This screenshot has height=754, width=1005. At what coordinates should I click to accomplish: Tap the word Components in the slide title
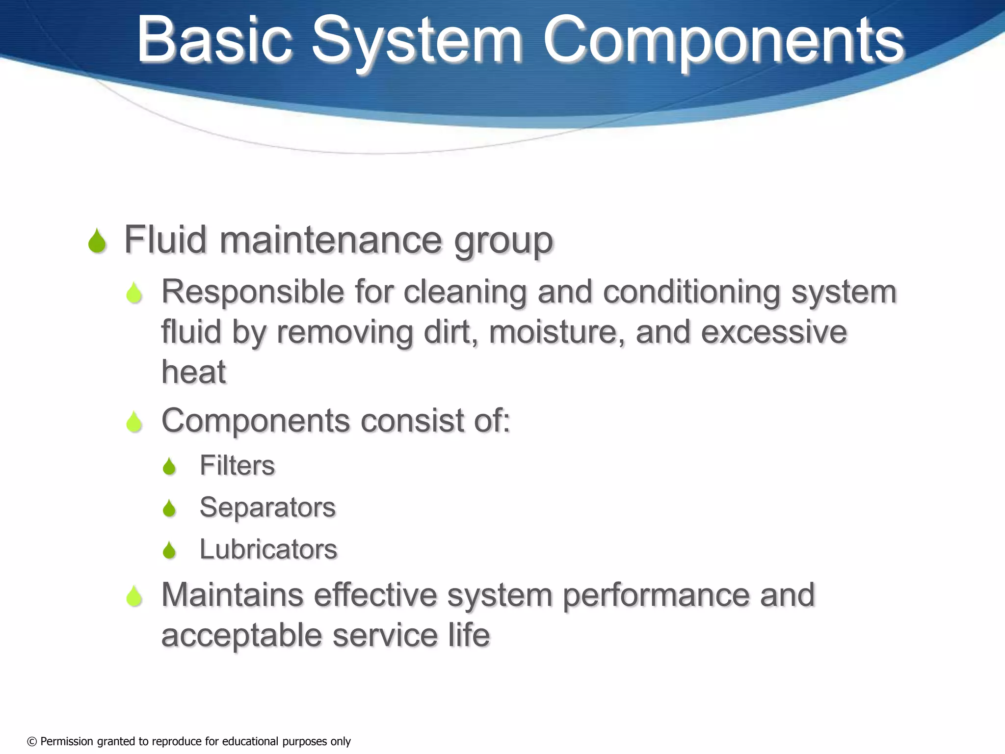(723, 42)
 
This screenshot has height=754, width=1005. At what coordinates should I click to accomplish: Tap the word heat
(193, 372)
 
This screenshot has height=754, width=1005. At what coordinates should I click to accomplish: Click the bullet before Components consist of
(134, 422)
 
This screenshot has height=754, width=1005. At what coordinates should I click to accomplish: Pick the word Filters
(237, 465)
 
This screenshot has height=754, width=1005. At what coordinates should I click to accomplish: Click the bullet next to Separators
(169, 508)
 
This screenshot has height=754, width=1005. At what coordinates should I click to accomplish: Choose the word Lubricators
(268, 549)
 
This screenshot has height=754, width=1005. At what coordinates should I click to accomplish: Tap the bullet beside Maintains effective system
(134, 596)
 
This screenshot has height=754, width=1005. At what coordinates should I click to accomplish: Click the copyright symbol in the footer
(32, 741)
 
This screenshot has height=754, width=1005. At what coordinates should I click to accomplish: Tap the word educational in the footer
(246, 741)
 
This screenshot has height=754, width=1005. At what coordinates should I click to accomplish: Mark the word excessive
(774, 332)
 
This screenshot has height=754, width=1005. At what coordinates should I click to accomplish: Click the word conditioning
(691, 293)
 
